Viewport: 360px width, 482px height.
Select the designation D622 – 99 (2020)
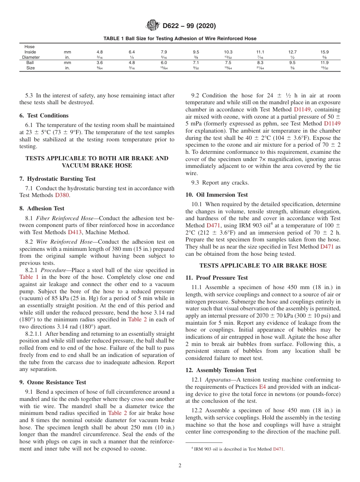189,26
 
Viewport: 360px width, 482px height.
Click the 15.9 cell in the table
325,52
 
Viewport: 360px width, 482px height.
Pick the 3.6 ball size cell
100,63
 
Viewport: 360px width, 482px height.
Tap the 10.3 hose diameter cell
228,52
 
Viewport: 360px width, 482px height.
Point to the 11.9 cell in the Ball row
325,63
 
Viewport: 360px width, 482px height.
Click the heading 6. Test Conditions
44,116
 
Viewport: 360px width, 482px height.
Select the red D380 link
62,195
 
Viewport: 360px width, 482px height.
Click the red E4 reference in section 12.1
262,387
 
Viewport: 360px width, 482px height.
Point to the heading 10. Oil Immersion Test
217,195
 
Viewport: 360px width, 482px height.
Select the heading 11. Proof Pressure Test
217,278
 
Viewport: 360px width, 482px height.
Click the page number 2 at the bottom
180,466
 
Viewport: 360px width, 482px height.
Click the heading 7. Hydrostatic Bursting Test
57,179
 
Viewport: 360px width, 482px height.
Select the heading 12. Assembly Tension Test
221,370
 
